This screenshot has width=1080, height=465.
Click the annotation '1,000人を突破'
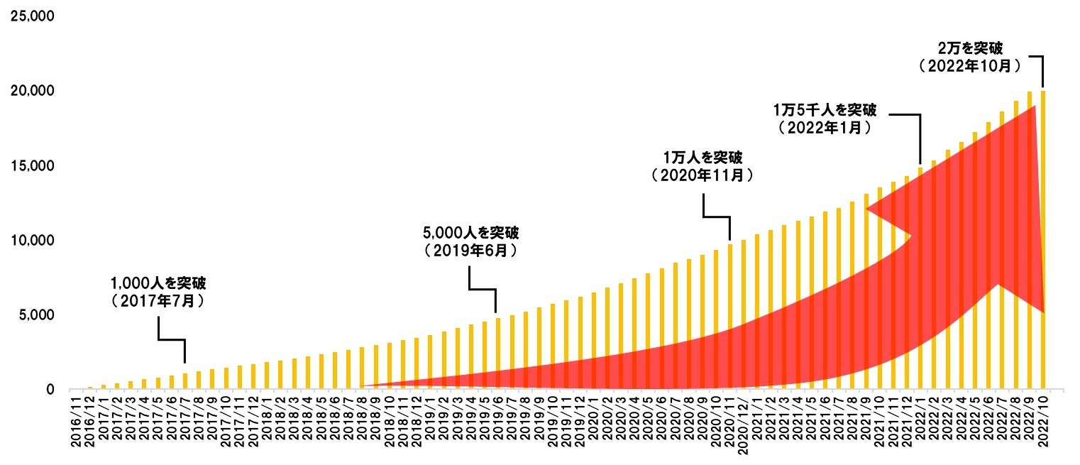pos(158,283)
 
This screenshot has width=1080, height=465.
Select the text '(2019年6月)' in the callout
pos(470,251)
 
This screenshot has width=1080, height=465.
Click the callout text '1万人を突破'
pos(702,156)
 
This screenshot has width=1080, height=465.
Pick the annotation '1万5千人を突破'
pos(824,111)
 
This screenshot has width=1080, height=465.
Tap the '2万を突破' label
pos(970,48)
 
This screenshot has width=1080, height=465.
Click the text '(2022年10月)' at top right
pos(970,66)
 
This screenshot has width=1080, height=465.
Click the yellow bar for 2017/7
pos(185,381)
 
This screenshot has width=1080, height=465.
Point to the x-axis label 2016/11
pos(77,423)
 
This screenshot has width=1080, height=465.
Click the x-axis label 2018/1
pos(268,423)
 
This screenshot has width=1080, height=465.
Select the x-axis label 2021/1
pos(757,423)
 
